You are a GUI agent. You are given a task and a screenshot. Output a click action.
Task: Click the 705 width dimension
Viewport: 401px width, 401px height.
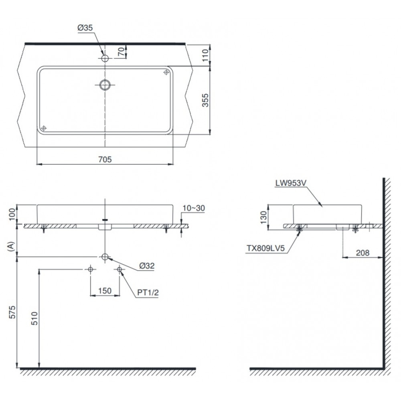[x=105, y=159]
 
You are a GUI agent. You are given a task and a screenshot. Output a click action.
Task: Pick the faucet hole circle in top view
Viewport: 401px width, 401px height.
[x=105, y=58]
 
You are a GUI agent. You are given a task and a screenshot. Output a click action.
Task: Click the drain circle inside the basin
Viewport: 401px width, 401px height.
[x=105, y=85]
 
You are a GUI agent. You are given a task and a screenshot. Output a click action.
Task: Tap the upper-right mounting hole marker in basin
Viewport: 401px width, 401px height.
[x=166, y=72]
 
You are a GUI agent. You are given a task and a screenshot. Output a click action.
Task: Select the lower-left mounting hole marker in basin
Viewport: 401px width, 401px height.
[x=44, y=128]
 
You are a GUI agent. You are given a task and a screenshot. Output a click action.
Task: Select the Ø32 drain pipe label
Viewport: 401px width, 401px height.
[x=147, y=265]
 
